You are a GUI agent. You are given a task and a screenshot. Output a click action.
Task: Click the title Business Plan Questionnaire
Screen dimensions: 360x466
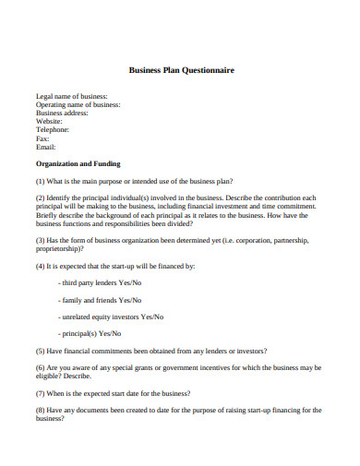(x=180, y=68)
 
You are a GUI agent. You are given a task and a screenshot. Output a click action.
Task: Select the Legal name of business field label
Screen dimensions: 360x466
(x=71, y=96)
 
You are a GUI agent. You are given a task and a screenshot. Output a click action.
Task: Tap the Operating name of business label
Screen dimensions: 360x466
(x=78, y=104)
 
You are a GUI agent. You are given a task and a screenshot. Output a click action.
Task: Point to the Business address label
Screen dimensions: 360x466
(x=66, y=113)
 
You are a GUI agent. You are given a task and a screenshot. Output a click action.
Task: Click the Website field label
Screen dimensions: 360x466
(x=50, y=121)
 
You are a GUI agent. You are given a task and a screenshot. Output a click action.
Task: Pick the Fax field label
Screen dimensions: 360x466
(x=42, y=138)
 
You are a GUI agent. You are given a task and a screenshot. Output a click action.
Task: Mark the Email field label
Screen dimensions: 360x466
(x=46, y=147)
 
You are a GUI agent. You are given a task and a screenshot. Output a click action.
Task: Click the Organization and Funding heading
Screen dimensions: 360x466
(x=84, y=163)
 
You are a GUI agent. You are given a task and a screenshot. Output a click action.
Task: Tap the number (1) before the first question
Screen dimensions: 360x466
(x=41, y=181)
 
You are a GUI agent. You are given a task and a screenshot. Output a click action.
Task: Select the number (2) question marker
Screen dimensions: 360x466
(x=41, y=197)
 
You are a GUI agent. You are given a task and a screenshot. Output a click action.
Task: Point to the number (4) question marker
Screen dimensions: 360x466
(x=41, y=266)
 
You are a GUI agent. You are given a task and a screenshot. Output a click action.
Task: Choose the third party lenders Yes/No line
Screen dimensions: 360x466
(x=100, y=282)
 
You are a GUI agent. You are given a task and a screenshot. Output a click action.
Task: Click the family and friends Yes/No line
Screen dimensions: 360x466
(x=100, y=300)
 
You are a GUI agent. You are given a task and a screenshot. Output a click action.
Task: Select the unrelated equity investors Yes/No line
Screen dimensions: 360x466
(x=111, y=317)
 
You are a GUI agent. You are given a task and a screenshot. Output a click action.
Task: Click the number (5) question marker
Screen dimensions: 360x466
(x=41, y=351)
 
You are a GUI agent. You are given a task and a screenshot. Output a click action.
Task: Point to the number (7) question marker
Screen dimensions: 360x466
(x=41, y=392)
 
